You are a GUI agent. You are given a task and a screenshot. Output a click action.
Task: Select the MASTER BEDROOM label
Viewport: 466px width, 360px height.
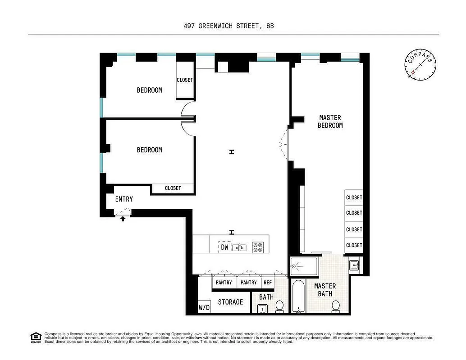click(x=330, y=121)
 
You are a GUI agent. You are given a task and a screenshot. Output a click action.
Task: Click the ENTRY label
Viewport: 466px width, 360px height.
click(x=124, y=199)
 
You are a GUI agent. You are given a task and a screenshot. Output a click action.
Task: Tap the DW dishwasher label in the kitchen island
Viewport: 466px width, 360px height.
click(x=224, y=247)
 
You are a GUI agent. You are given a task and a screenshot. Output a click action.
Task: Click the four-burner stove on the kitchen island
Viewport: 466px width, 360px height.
click(x=258, y=247)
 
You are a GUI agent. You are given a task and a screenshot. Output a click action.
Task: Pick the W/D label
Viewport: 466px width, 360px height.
click(x=204, y=308)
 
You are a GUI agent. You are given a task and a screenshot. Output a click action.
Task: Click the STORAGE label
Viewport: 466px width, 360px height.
click(x=230, y=302)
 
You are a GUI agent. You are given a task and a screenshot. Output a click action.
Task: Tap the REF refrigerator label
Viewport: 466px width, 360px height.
click(x=268, y=283)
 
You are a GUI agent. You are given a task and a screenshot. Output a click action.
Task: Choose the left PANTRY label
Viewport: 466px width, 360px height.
click(x=224, y=283)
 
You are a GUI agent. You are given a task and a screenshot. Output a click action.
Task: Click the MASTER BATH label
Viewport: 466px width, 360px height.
click(x=325, y=290)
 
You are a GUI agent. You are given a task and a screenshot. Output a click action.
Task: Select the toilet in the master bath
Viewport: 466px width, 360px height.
click(x=336, y=306)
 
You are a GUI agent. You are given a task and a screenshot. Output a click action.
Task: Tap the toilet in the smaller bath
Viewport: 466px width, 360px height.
click(x=279, y=306)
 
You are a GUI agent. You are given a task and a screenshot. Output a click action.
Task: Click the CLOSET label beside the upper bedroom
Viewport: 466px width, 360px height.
click(x=185, y=80)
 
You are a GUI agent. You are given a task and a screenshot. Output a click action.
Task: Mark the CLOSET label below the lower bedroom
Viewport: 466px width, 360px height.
click(x=173, y=188)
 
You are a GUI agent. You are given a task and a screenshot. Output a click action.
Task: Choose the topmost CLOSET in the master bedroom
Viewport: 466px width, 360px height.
click(x=354, y=198)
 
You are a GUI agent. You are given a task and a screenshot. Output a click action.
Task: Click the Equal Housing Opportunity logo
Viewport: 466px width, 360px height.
click(x=35, y=337)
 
